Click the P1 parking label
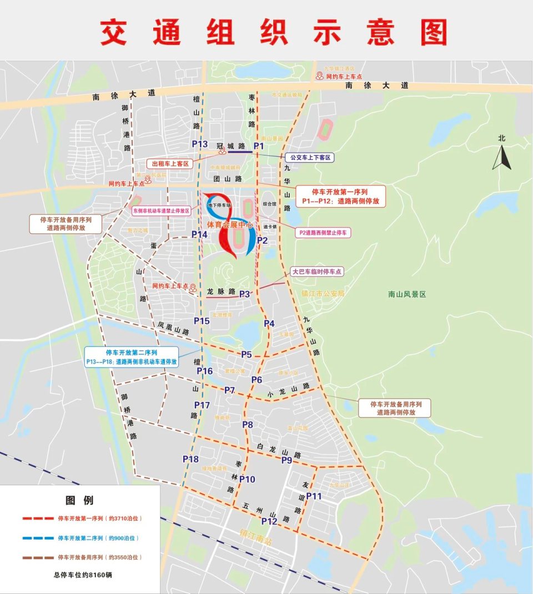[259, 145]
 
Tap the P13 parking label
[199, 144]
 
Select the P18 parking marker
[190, 459]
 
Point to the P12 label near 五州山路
[269, 521]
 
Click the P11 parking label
[314, 496]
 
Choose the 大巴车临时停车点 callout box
[317, 271]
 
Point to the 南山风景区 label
[407, 294]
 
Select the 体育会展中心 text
[230, 225]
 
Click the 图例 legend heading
[79, 500]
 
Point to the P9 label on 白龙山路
[286, 460]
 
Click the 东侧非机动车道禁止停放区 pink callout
[161, 211]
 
